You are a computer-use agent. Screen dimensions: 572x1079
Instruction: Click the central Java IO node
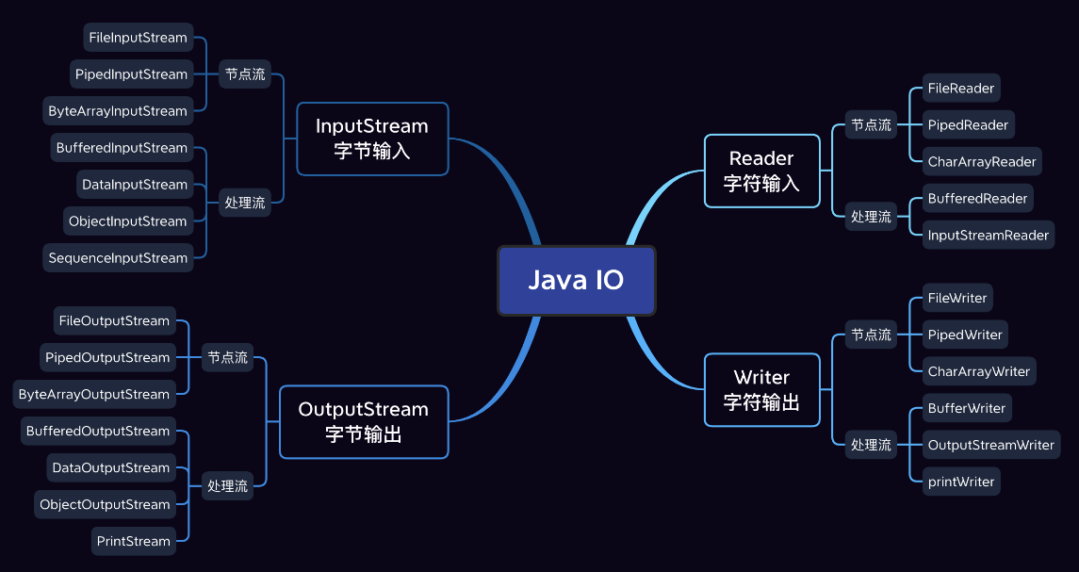576,281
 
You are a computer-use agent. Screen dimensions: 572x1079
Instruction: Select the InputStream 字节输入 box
372,139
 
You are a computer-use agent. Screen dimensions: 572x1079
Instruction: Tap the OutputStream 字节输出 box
364,421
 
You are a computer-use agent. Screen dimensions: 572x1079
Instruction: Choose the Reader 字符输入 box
761,171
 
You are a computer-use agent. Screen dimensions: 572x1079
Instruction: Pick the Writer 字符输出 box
761,389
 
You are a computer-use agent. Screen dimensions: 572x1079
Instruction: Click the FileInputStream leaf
139,38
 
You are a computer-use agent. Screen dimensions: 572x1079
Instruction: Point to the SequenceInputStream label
118,258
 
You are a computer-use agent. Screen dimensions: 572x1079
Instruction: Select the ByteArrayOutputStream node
94,394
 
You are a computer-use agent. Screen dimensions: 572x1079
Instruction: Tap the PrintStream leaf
133,541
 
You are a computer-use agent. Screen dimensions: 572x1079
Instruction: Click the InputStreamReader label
988,235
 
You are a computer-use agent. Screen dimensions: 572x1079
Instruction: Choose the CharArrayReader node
981,161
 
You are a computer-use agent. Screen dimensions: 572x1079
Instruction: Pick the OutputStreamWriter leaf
990,445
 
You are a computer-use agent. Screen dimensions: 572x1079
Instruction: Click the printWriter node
960,482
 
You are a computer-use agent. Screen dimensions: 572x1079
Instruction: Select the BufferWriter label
967,408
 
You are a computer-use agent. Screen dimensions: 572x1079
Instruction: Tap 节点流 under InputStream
244,74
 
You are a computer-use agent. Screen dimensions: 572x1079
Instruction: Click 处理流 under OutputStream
227,486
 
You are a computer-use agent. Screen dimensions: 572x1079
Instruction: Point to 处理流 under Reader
871,216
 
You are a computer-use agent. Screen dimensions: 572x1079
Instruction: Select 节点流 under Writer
871,335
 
